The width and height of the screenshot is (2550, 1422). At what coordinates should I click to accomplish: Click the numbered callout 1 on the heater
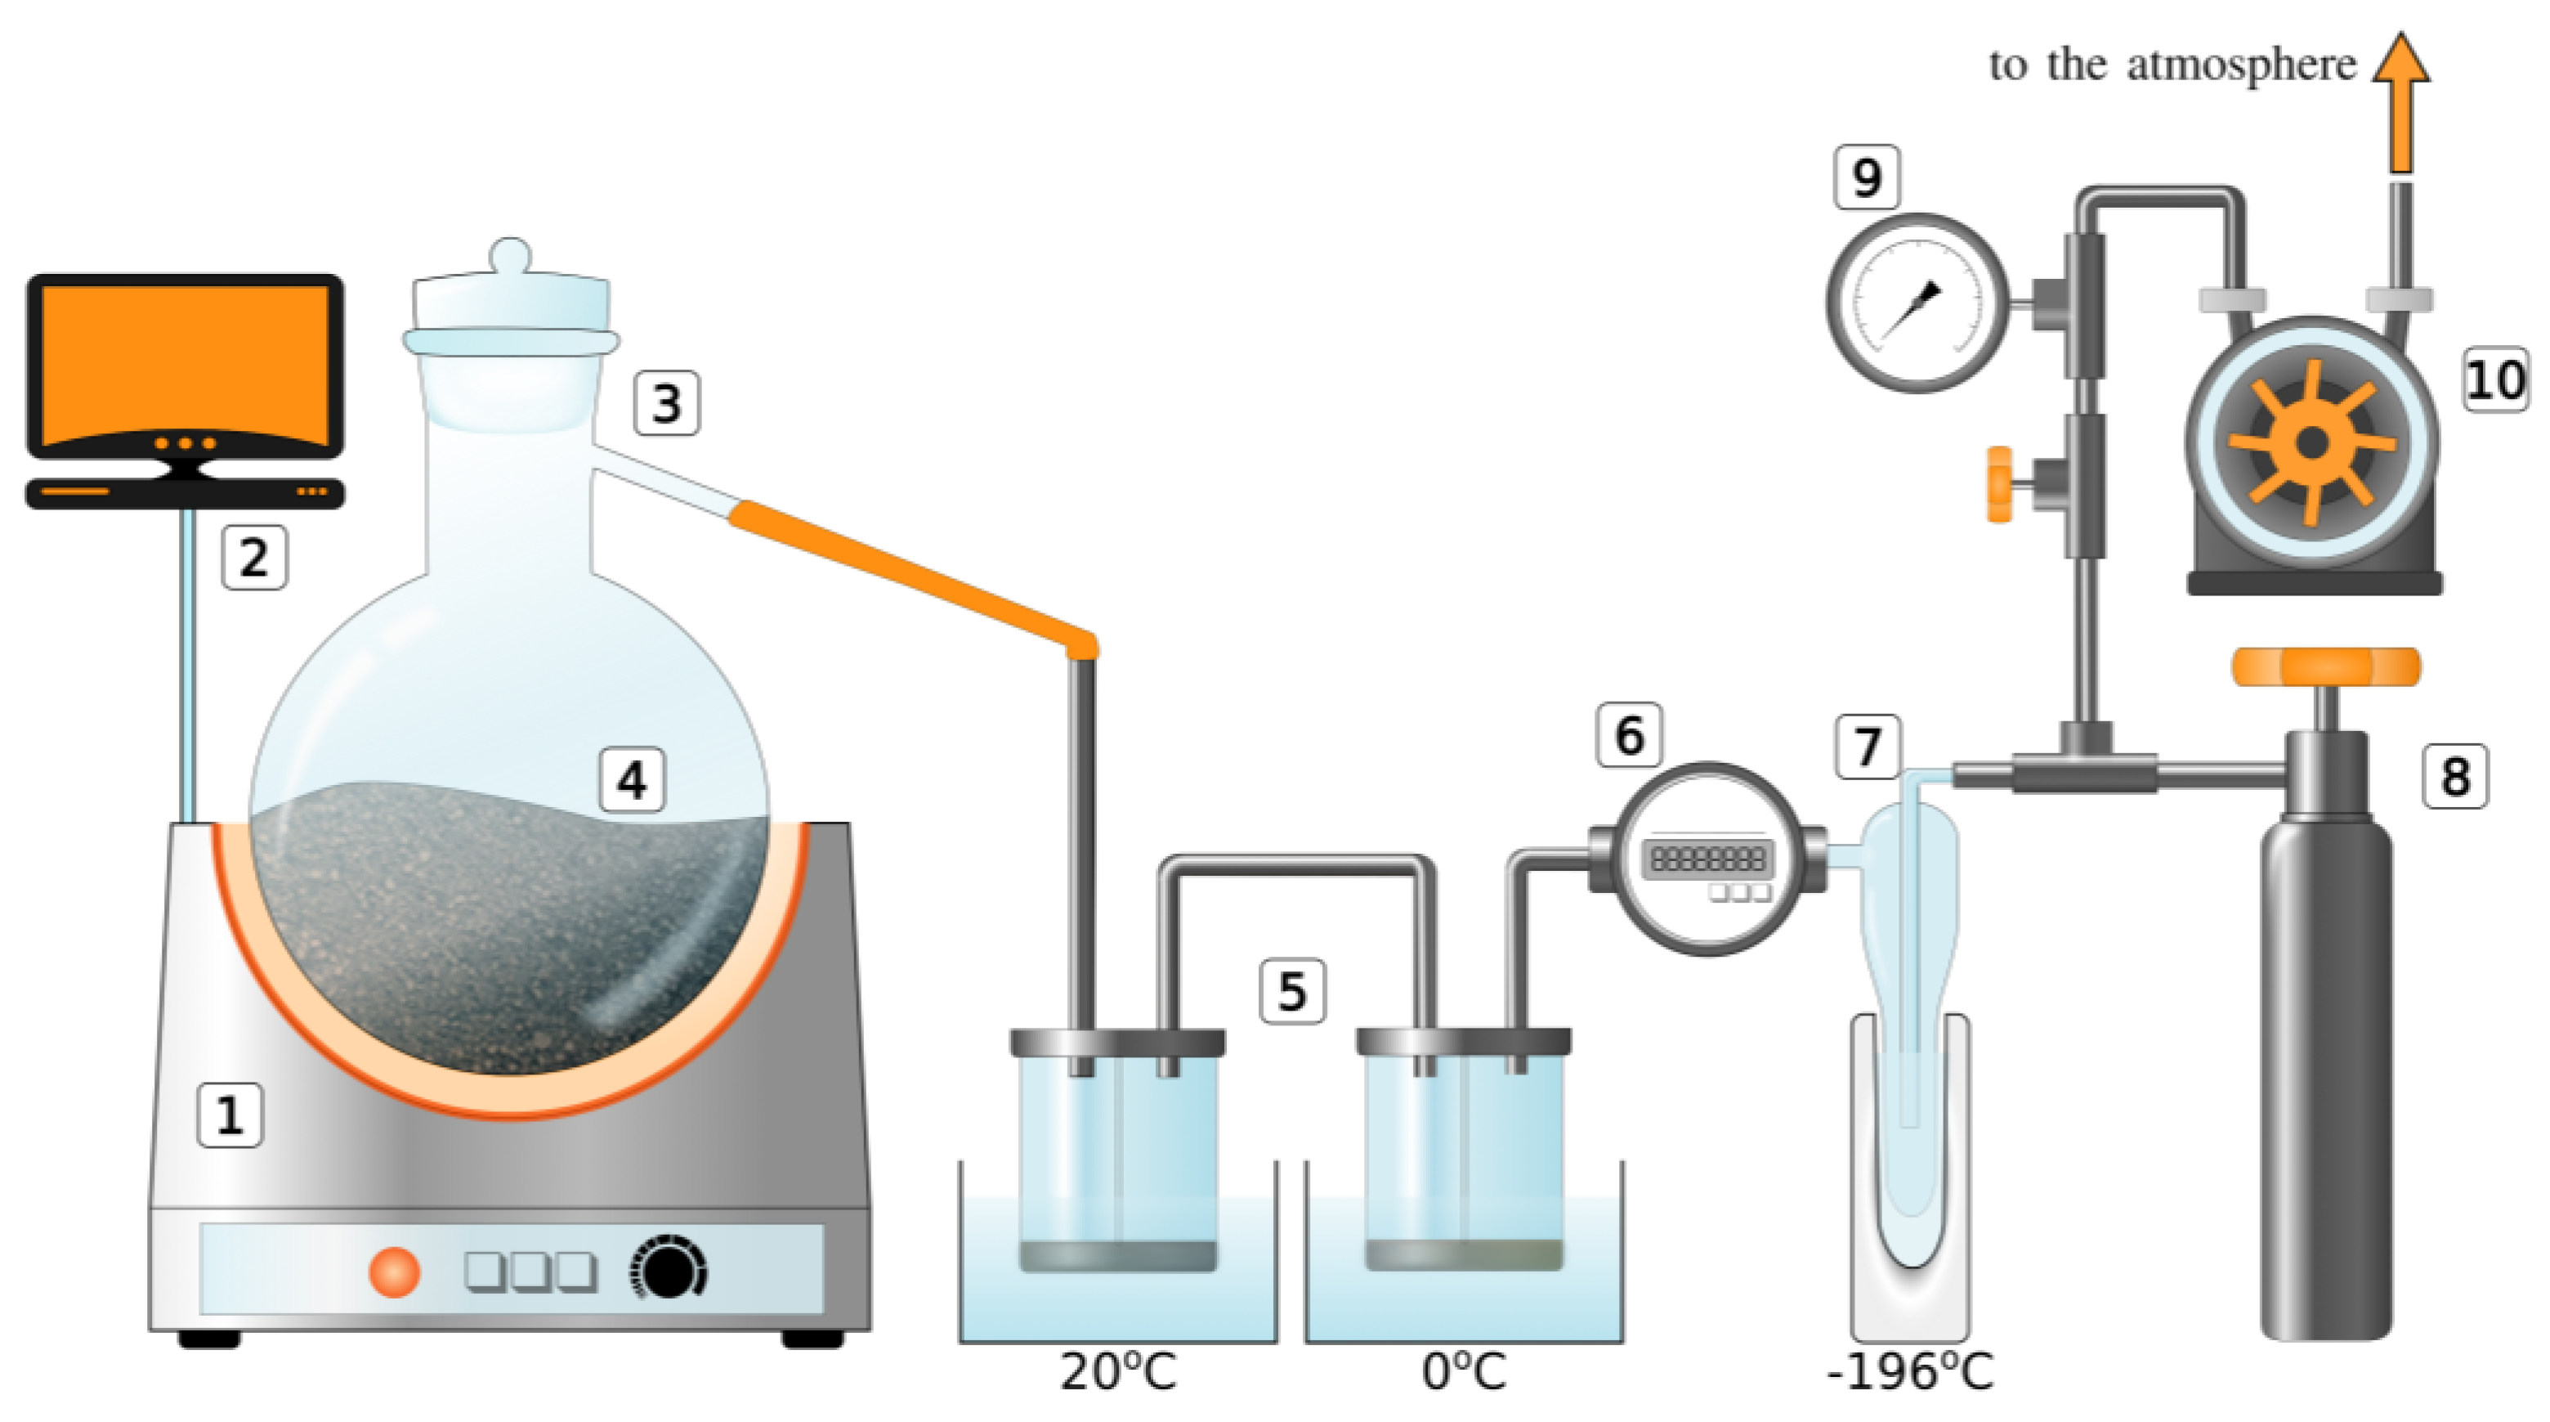click(x=230, y=1115)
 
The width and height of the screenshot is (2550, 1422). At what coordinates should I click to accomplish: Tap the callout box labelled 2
click(x=254, y=558)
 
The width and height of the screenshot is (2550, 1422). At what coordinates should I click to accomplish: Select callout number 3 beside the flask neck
click(x=666, y=403)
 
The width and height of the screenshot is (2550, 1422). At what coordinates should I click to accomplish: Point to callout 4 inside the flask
click(x=633, y=779)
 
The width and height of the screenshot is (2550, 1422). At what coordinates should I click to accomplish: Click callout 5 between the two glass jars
click(x=1292, y=990)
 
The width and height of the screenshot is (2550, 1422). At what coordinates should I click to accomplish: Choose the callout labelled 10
click(x=2494, y=379)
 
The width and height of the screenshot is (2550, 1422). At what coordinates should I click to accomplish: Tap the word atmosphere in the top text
click(x=2241, y=65)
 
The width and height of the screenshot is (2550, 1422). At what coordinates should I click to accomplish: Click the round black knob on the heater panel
click(x=670, y=1268)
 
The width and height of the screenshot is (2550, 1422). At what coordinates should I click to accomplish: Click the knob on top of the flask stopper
click(x=511, y=254)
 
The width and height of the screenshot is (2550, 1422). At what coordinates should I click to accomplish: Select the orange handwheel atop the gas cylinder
click(x=2325, y=666)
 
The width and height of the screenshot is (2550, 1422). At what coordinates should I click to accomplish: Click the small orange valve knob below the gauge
click(x=2000, y=484)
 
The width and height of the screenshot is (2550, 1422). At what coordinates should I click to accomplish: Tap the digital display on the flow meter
click(x=1707, y=859)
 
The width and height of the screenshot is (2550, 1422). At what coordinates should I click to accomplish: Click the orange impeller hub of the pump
click(x=2312, y=442)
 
